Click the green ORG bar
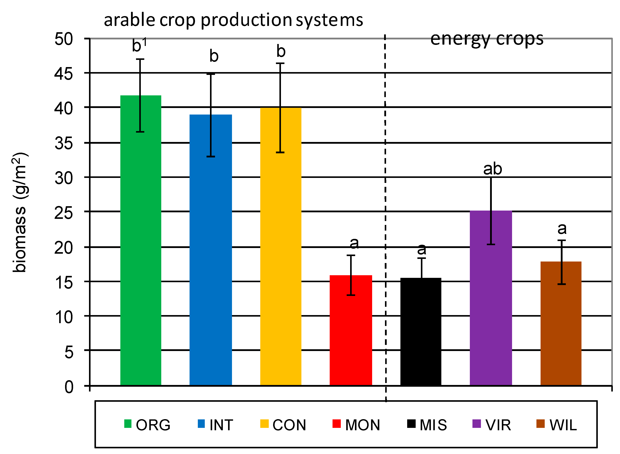click(x=141, y=247)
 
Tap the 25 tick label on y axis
click(x=64, y=213)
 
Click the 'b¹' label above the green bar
click(x=139, y=45)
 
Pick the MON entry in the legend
click(x=356, y=425)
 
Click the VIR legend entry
click(x=492, y=425)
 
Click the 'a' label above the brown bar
click(x=562, y=229)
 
